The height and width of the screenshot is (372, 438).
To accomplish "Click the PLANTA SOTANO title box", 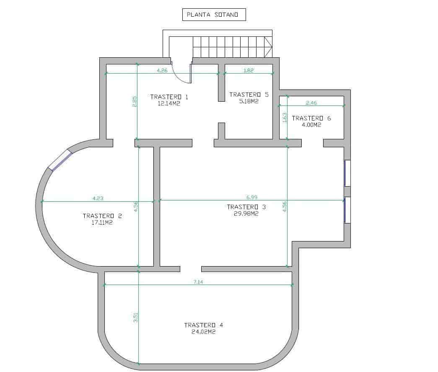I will pos(214,15).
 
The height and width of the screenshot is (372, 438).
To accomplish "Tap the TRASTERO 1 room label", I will pos(169,97).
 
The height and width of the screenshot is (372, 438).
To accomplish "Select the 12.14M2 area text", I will pos(169,104).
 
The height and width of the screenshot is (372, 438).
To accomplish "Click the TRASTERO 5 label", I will pos(249,95).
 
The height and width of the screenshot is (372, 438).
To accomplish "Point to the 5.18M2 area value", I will pos(249,101).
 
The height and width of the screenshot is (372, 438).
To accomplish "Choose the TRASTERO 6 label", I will pos(311,118).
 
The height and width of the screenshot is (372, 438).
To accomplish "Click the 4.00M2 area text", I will pos(311,125).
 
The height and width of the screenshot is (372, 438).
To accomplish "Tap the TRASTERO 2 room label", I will pos(102,216).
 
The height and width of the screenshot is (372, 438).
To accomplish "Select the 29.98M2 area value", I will pos(246,213).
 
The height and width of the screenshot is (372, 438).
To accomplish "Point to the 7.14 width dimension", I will pos(198,282).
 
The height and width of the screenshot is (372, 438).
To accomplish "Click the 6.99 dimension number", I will pos(251,197).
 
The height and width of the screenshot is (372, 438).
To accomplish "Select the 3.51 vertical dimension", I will pos(136,318).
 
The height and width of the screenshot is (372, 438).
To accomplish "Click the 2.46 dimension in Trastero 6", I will pos(311,103).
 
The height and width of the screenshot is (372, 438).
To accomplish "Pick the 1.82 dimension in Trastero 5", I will pos(249,71).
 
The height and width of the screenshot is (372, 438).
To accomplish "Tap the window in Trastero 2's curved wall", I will pos(60,161).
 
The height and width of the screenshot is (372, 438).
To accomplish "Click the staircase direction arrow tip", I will pos(272,46).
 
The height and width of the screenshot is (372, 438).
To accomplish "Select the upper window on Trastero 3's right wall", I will pos(347,173).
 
